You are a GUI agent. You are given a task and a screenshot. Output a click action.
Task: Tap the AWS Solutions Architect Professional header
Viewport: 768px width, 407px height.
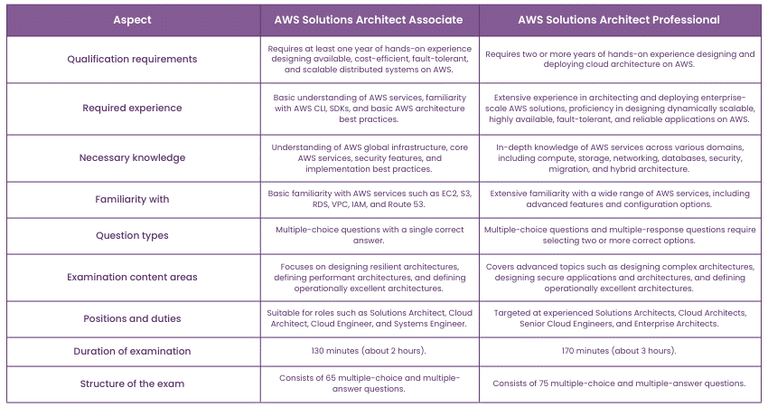(x=619, y=18)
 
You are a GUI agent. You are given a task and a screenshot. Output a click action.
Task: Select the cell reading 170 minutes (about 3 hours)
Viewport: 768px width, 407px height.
(x=619, y=351)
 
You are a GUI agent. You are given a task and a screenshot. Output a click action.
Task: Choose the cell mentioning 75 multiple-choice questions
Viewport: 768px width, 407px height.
(x=619, y=383)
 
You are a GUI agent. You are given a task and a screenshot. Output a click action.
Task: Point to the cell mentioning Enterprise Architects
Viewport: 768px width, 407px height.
(x=619, y=318)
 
